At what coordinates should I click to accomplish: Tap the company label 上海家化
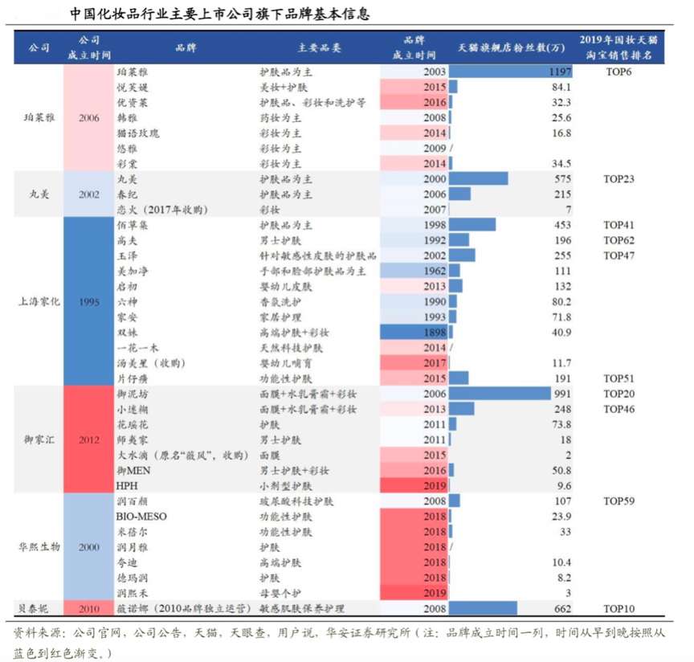coord(39,302)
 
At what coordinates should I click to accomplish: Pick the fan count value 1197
coord(560,72)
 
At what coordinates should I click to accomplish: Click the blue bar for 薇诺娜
coord(483,608)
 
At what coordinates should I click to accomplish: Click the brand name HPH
coord(128,485)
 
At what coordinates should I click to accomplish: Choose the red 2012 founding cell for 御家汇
coord(89,439)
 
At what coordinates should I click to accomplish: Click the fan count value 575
coord(561,178)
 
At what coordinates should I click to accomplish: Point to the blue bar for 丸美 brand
coord(479,178)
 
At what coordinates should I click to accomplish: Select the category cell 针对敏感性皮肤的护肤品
coord(317,255)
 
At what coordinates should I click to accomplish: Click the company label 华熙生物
coord(39,547)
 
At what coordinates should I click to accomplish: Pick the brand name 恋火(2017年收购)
coord(161,210)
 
